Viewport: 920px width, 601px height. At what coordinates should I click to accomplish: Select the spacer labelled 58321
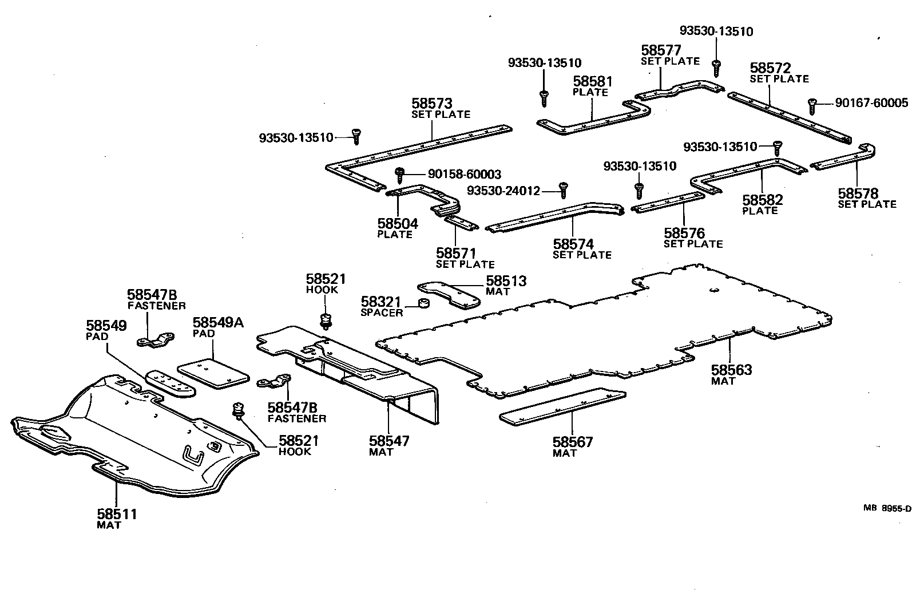(423, 303)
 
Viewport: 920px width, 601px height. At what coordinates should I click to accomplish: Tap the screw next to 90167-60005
(811, 105)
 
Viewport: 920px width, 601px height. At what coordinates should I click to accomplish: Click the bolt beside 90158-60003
(400, 173)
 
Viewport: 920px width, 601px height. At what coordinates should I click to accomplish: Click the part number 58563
(731, 370)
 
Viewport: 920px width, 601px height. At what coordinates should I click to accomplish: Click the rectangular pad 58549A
(213, 374)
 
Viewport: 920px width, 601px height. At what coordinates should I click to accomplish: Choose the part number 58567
(572, 442)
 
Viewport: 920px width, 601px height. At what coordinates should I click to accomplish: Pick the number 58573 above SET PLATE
(431, 104)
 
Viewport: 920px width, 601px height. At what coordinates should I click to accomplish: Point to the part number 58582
(763, 200)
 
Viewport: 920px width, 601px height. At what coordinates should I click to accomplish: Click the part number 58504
(398, 223)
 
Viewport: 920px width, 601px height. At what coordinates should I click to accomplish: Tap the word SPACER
(381, 313)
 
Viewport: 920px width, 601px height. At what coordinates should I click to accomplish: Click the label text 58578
(858, 193)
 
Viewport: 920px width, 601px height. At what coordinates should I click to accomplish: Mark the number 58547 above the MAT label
(388, 441)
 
